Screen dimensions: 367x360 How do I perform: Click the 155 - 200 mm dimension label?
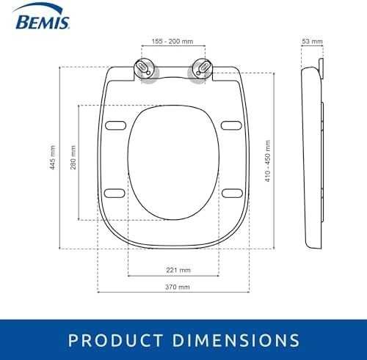172,41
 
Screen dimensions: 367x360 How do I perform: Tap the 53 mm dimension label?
312,41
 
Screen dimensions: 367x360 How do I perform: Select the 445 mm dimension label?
52,157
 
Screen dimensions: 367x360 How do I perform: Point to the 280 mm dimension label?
73,157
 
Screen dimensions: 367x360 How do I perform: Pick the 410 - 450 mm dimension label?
268,161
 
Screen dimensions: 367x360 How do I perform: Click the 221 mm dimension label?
178,270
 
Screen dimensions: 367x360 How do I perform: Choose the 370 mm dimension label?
178,287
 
